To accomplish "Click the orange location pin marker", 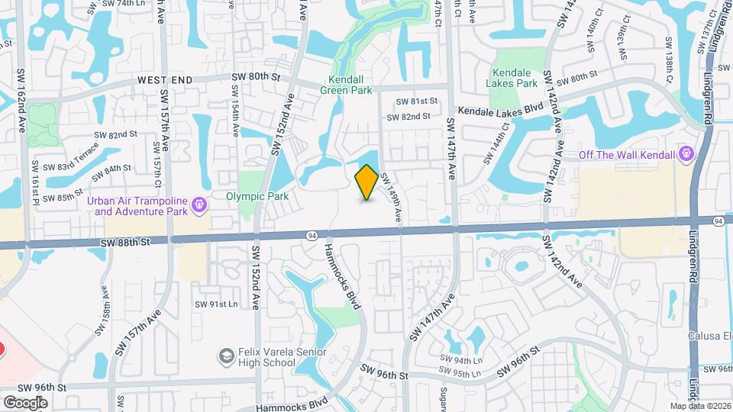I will pyautogui.click(x=366, y=182).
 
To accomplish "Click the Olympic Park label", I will pyautogui.click(x=257, y=196).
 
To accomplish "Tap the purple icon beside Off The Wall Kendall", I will pyautogui.click(x=686, y=156).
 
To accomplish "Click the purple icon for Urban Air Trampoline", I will pyautogui.click(x=200, y=204).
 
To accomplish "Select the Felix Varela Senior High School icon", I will pyautogui.click(x=225, y=356).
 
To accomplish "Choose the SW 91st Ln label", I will pyautogui.click(x=216, y=304).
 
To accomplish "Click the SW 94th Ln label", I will pyautogui.click(x=462, y=360).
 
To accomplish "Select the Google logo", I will pyautogui.click(x=25, y=402).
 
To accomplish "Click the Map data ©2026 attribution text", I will pyautogui.click(x=700, y=405).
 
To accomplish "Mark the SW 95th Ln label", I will pyautogui.click(x=465, y=373).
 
